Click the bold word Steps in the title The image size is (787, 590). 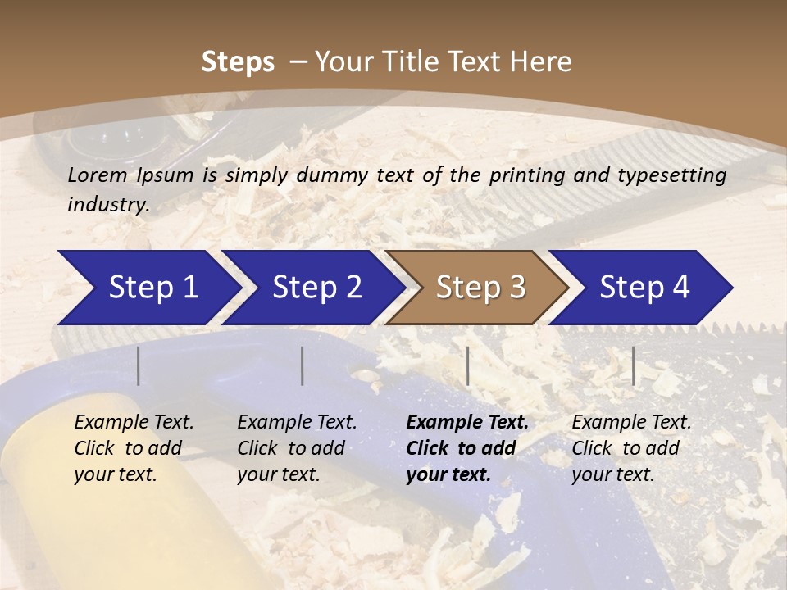[238, 62]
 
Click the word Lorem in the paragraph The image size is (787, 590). [97, 175]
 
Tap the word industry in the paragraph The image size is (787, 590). [107, 204]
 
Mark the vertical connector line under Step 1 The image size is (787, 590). [139, 365]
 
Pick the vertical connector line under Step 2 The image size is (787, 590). [303, 365]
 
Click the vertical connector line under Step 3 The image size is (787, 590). [468, 365]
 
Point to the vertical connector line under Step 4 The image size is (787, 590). [634, 365]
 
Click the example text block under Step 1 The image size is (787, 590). [134, 448]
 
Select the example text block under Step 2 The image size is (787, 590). [297, 448]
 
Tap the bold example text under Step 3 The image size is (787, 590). [467, 448]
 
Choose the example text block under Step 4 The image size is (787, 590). [631, 448]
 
